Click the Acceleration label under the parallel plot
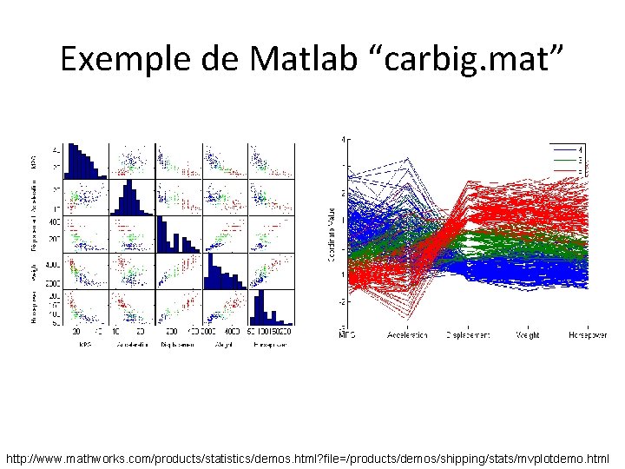point(407,334)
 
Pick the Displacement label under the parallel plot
point(467,334)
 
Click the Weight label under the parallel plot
point(528,334)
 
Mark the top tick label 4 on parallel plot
point(344,139)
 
